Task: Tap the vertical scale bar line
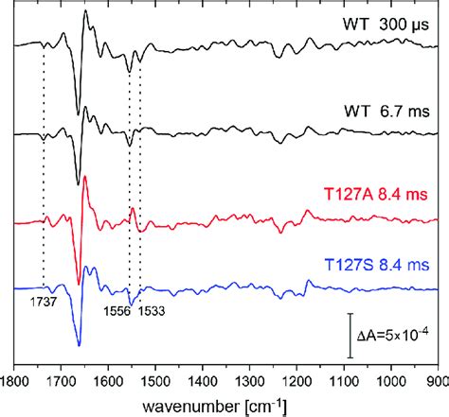(x=350, y=336)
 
